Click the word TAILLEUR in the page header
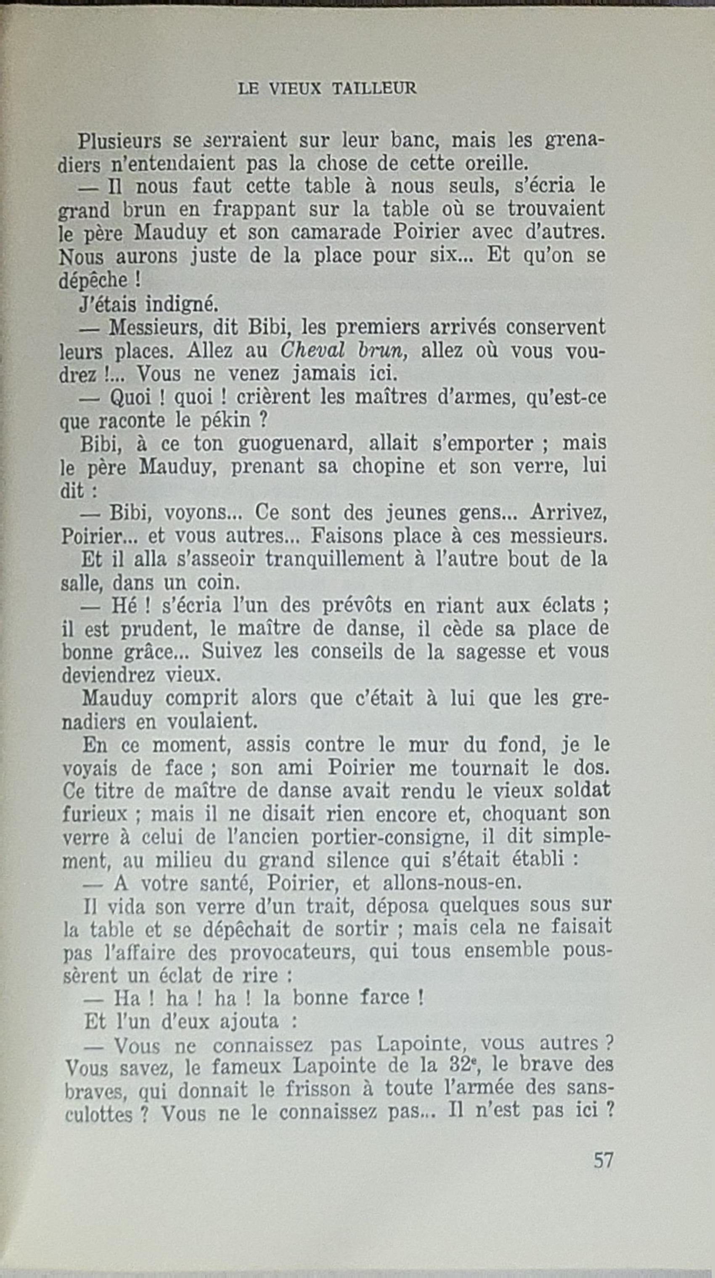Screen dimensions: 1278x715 374,88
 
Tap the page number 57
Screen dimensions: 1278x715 603,1160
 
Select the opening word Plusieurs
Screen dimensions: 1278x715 119,141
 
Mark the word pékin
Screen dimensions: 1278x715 227,421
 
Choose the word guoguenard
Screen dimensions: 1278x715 295,443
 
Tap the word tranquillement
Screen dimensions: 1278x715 334,559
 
